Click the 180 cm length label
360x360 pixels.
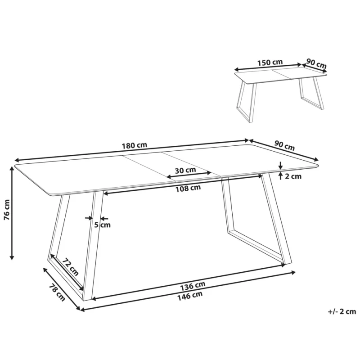(x=134, y=145)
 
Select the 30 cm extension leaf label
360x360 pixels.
(x=185, y=170)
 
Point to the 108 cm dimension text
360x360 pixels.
(x=188, y=188)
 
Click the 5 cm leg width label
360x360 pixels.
(x=103, y=225)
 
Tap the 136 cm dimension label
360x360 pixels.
(x=193, y=286)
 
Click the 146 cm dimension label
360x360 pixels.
(x=190, y=295)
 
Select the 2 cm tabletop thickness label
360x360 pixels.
(x=293, y=176)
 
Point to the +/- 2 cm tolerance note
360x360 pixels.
(x=342, y=311)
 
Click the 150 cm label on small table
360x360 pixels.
(x=270, y=63)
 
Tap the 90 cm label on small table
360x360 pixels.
(x=316, y=63)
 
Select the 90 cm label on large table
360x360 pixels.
(x=284, y=145)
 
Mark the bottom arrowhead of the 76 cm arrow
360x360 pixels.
(x=12, y=257)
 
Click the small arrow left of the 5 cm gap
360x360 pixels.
(x=89, y=218)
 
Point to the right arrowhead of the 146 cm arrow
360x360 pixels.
(x=293, y=273)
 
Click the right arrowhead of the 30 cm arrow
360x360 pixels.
(x=209, y=173)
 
